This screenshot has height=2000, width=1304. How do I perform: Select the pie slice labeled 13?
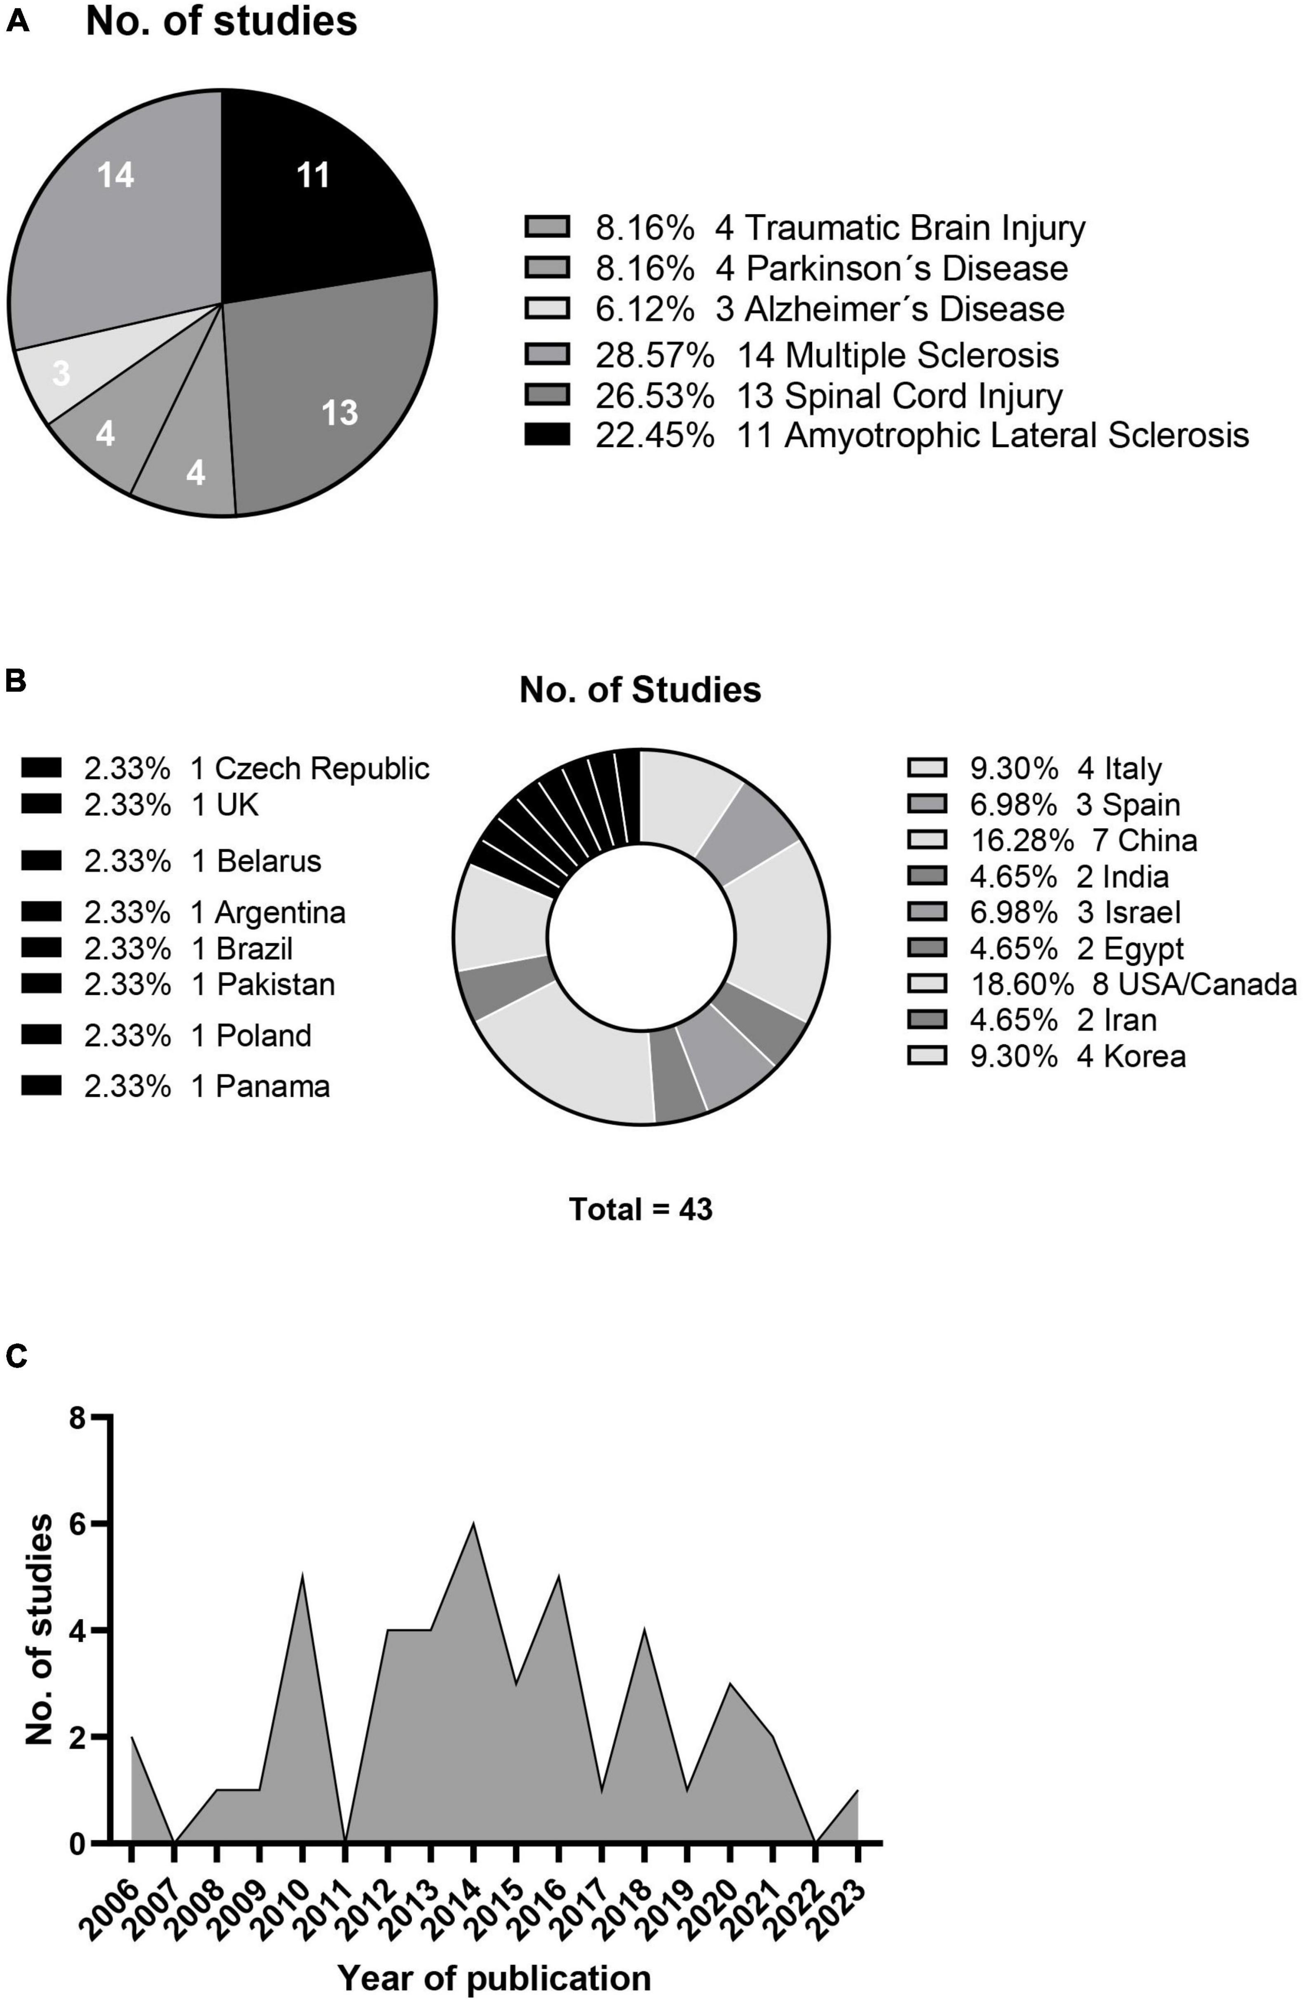tap(336, 403)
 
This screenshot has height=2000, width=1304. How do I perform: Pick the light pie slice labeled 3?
tap(61, 374)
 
